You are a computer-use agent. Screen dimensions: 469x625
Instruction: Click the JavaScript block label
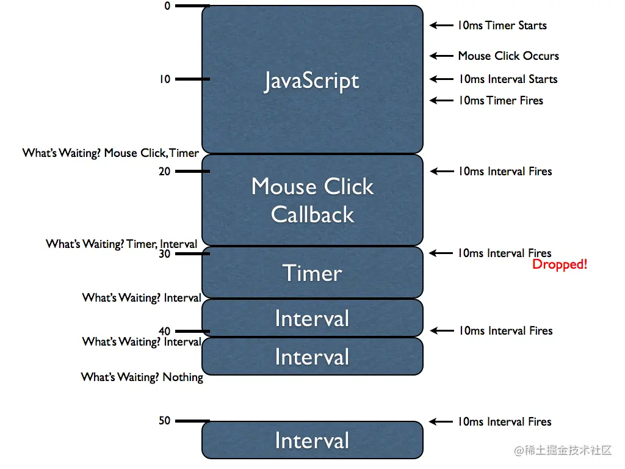[x=311, y=81]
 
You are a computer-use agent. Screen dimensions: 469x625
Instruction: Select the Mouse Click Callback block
[x=312, y=200]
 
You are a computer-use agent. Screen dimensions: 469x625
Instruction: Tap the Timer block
[x=312, y=273]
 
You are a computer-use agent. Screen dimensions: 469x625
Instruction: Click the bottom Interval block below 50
[x=312, y=440]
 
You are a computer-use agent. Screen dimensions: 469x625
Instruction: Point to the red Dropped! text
[x=559, y=265]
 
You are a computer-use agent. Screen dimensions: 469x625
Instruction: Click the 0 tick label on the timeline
[x=167, y=5]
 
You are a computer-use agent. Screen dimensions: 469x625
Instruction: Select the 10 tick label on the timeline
[x=165, y=79]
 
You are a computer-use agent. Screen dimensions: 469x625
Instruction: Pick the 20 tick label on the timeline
[x=165, y=172]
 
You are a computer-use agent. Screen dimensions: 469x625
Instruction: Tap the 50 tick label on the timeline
[x=165, y=421]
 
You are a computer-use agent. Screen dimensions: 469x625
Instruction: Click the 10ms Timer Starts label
[x=502, y=26]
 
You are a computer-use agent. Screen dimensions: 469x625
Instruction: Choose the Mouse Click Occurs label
[x=508, y=56]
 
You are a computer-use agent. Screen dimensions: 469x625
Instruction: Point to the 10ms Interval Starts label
[x=508, y=79]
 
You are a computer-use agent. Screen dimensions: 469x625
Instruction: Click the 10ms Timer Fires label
[x=500, y=100]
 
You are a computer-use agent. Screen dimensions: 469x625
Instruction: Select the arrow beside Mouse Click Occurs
[x=441, y=56]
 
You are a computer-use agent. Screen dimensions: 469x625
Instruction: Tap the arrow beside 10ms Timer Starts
[x=441, y=26]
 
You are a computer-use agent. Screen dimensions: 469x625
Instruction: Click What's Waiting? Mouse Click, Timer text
[x=110, y=153]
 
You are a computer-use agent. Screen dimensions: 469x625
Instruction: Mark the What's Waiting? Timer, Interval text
[x=121, y=244]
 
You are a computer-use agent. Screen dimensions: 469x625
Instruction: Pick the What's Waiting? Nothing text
[x=142, y=377]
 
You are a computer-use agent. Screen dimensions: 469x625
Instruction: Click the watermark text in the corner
[x=563, y=451]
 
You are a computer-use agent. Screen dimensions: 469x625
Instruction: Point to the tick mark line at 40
[x=192, y=332]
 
